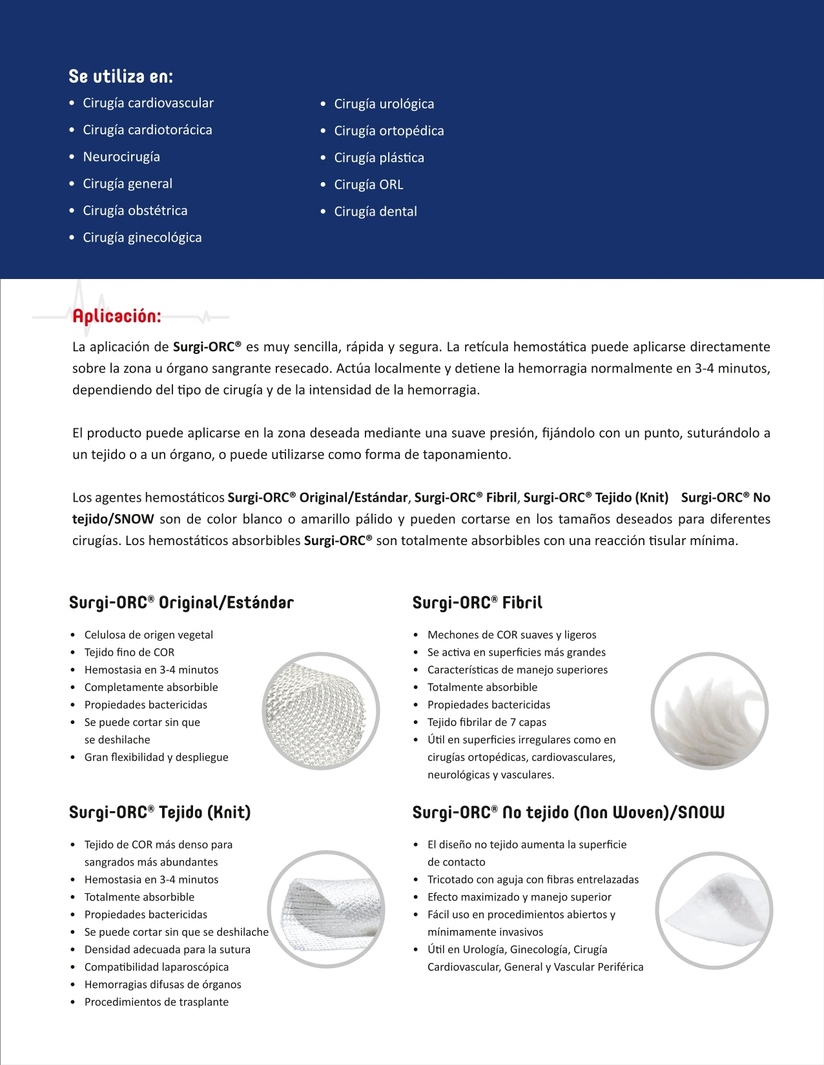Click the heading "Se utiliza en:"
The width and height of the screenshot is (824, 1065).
[121, 77]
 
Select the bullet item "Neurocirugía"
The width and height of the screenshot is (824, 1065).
[121, 157]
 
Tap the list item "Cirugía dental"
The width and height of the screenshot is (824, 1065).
[375, 212]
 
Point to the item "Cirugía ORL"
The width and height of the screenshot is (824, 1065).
[368, 185]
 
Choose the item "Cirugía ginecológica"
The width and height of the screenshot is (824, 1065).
[142, 238]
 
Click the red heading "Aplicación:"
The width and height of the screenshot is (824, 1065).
[116, 316]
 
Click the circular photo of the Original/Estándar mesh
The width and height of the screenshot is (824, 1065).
[321, 711]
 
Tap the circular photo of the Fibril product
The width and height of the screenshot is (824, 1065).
[709, 711]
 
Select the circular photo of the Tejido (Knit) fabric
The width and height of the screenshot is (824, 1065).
[326, 909]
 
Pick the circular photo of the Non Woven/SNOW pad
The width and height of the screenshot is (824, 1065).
[714, 910]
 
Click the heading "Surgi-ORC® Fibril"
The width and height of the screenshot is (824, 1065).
[477, 603]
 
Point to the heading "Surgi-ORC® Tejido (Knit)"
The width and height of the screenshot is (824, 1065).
[160, 812]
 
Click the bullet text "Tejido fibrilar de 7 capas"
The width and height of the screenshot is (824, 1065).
[486, 722]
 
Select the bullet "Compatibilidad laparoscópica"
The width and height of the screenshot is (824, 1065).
[156, 967]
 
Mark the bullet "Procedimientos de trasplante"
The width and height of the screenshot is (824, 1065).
[156, 1002]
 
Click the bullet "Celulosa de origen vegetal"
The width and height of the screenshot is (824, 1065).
[149, 635]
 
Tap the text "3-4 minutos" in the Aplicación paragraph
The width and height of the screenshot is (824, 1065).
[732, 369]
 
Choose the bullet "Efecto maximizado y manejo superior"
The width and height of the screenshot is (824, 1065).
[519, 897]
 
